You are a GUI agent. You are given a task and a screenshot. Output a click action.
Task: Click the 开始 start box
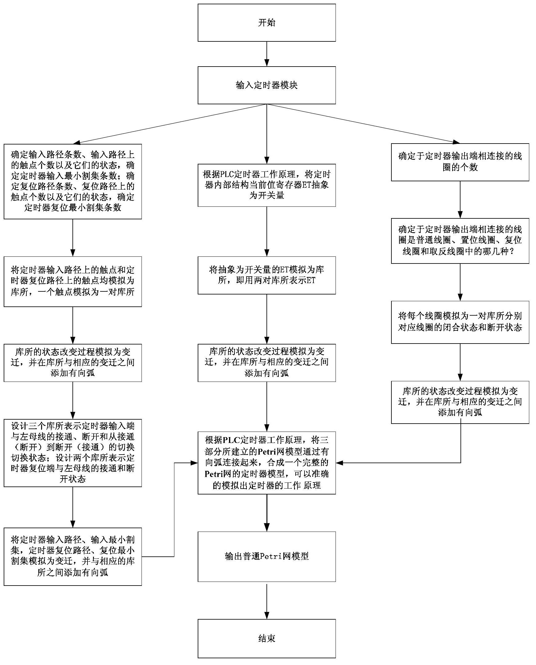point(267,22)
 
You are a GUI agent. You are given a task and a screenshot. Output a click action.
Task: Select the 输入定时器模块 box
point(267,85)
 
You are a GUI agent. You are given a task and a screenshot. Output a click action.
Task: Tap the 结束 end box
point(267,638)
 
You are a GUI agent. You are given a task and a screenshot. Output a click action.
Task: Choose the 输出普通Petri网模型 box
point(267,556)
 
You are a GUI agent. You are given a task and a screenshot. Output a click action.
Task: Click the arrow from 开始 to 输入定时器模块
point(267,54)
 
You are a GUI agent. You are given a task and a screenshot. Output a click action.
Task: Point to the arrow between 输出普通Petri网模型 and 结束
point(267,600)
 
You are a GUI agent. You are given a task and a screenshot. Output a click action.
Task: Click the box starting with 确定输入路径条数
point(73,181)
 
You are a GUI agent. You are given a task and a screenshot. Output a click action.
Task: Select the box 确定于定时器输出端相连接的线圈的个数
point(460,162)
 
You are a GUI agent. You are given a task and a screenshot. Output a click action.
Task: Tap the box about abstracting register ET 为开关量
point(267,185)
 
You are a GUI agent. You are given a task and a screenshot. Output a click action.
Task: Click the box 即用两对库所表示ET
point(267,275)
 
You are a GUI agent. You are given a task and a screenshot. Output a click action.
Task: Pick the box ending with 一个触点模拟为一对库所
point(73,281)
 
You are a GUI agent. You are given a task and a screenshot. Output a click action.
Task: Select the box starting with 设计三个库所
point(73,453)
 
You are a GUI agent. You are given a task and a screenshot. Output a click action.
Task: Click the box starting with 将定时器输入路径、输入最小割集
point(73,556)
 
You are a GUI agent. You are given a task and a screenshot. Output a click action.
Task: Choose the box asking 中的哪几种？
point(460,240)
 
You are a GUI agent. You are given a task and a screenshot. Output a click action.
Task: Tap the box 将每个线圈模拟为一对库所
point(460,322)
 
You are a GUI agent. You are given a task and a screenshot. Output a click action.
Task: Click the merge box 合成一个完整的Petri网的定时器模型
point(267,463)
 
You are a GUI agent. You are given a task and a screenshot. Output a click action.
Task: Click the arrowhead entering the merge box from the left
point(195,463)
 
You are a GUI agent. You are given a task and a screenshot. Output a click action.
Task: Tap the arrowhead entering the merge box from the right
point(339,463)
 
